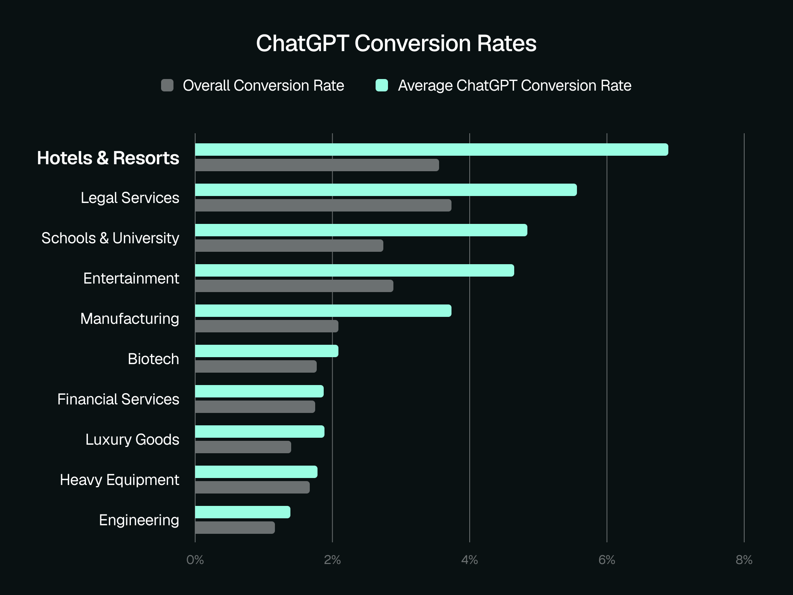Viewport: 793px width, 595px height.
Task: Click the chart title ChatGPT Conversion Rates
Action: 396,43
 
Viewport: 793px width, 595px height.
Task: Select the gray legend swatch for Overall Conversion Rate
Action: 167,85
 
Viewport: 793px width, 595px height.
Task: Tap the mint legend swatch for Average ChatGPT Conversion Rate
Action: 382,85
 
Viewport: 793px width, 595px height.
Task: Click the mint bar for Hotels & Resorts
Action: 431,150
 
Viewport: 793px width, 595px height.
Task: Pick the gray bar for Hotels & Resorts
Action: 317,165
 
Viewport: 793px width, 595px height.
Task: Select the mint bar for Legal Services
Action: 386,190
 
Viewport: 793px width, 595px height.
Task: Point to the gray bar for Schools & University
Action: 289,246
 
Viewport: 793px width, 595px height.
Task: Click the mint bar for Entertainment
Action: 354,270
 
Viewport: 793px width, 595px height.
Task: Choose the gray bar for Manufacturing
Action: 266,326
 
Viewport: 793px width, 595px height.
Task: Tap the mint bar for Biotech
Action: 266,351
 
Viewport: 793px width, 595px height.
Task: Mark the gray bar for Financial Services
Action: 255,407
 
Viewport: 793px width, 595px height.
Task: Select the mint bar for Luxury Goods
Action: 259,432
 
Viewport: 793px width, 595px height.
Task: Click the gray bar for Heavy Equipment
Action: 252,487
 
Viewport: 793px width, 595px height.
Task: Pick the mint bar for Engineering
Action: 242,512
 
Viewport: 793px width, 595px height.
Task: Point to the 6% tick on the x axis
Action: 607,560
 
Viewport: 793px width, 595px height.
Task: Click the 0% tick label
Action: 195,560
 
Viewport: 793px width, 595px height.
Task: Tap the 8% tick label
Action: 744,560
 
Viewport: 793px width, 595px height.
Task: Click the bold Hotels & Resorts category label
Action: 108,158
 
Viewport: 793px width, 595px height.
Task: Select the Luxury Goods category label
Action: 132,440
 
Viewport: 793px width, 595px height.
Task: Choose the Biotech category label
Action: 153,359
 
